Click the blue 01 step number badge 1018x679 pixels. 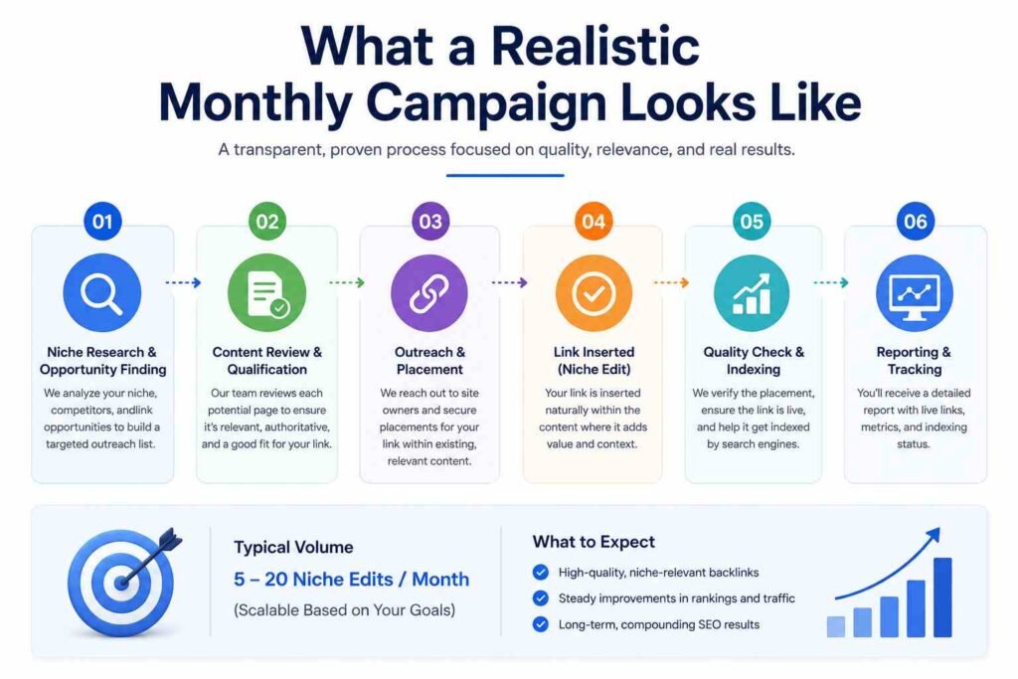coord(102,222)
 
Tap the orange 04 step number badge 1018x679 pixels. coord(594,222)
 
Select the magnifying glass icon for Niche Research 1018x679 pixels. coord(102,293)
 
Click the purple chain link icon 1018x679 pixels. coord(429,293)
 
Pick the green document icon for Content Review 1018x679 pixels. coord(266,293)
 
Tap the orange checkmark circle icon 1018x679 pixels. coord(594,293)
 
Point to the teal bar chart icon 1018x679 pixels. coord(752,293)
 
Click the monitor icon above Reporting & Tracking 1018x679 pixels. coord(915,293)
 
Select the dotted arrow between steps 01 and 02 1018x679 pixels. coord(184,282)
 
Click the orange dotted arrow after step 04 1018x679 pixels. coord(671,282)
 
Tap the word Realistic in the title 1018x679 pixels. coord(594,47)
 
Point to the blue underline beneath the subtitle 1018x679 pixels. coord(505,175)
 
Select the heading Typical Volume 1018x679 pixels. coord(293,547)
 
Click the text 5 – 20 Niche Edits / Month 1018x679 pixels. coord(351,579)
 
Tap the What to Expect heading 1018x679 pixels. coord(594,542)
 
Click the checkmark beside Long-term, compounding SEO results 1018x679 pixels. coord(540,624)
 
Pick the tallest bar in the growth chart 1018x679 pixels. coord(942,597)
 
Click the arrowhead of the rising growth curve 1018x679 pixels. coord(933,534)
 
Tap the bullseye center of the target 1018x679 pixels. coord(121,583)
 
